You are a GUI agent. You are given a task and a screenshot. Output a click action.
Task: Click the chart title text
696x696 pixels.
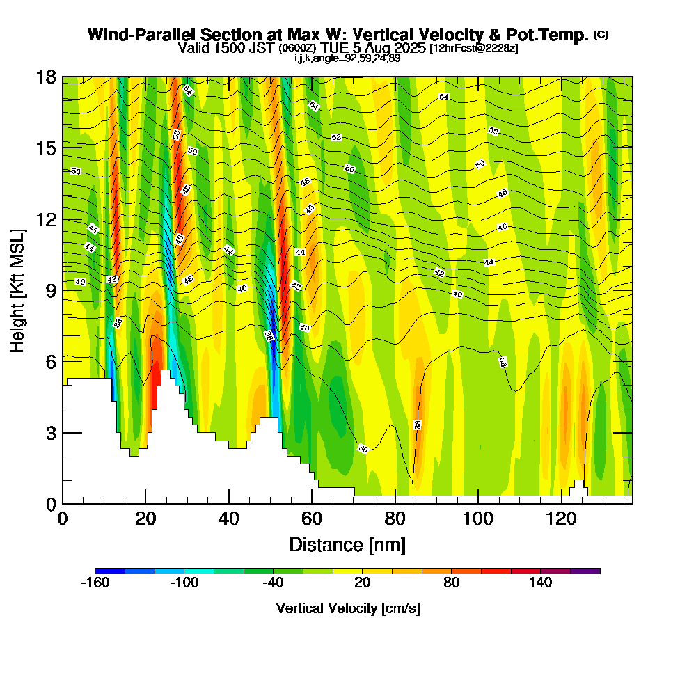coord(339,35)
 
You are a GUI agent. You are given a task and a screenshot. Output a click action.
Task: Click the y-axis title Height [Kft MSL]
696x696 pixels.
coord(17,290)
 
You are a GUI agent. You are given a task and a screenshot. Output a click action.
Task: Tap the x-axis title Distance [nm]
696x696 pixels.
coord(347,544)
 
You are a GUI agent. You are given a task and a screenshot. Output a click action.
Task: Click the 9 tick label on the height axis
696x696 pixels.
coord(51,290)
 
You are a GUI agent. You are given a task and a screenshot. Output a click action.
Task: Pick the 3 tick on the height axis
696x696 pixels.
coord(51,433)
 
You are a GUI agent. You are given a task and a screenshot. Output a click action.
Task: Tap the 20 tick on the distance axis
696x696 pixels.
coord(145,519)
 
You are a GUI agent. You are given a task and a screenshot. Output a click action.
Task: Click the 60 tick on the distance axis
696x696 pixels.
coord(312,519)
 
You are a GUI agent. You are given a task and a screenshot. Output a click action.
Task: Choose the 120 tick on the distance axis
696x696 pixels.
coord(561,519)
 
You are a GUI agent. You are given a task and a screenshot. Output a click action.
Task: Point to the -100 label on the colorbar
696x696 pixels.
coord(184,583)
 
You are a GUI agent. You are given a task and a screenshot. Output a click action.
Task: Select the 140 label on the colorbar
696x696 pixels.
coord(541,583)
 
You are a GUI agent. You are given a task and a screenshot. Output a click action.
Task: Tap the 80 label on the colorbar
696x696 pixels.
coord(452,583)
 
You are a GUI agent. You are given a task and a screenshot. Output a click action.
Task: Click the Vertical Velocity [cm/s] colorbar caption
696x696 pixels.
coord(347,608)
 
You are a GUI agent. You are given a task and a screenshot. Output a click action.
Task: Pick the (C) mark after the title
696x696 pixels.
coord(601,35)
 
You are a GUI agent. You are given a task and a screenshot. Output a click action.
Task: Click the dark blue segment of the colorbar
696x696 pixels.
coord(110,571)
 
